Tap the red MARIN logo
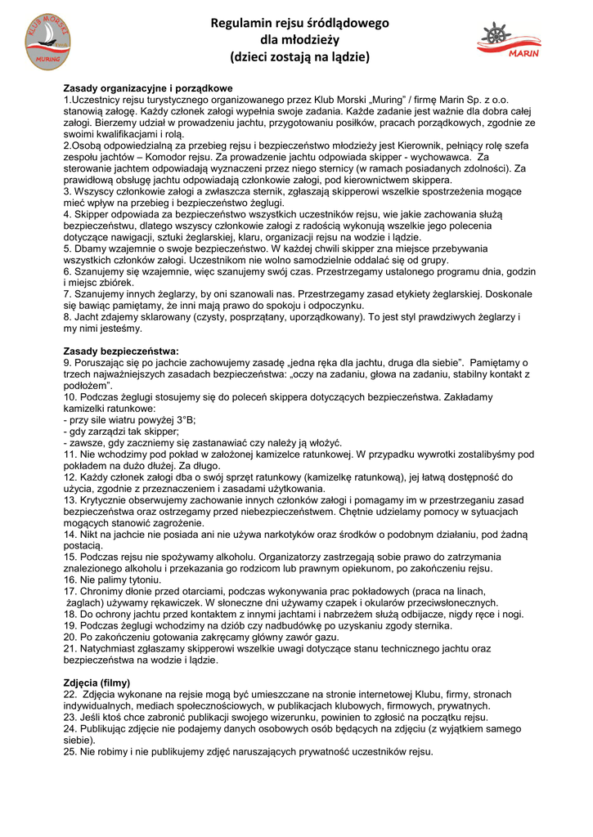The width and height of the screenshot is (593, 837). coord(510,42)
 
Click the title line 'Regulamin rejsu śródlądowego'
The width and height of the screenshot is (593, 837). coord(299,23)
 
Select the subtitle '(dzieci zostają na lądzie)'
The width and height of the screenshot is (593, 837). coord(299,57)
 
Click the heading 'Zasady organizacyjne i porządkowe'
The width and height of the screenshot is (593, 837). coord(148,87)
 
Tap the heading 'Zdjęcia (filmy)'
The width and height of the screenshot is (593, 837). coord(97,682)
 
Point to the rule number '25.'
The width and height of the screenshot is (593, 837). coord(70,751)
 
